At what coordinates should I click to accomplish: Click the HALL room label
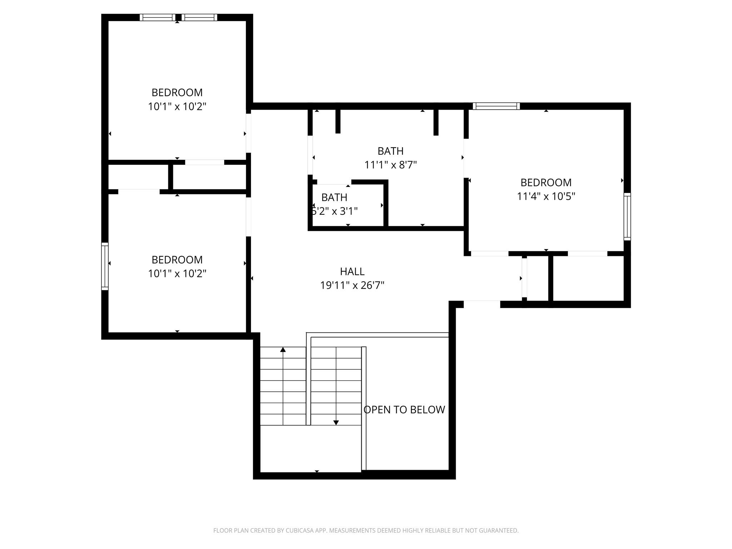[352, 272]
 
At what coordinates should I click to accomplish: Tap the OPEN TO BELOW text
[404, 410]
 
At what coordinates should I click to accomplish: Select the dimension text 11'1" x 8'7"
[390, 165]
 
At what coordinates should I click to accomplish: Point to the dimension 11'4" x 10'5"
[546, 196]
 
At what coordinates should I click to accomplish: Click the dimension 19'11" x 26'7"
[352, 285]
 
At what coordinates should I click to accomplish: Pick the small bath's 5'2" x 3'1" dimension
[335, 211]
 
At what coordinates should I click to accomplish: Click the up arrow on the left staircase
[283, 350]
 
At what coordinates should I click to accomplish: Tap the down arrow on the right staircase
[336, 422]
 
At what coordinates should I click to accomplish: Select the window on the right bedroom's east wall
[627, 216]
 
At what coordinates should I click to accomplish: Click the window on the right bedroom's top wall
[496, 106]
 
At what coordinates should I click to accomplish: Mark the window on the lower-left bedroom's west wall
[105, 266]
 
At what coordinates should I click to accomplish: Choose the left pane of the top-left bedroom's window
[157, 18]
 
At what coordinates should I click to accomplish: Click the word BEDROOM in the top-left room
[177, 93]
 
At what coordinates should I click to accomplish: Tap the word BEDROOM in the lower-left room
[177, 259]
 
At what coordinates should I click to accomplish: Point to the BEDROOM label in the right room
[546, 183]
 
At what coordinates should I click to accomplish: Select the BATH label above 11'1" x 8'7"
[390, 151]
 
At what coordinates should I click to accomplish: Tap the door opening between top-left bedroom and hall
[248, 133]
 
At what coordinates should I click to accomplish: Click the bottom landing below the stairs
[310, 449]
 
